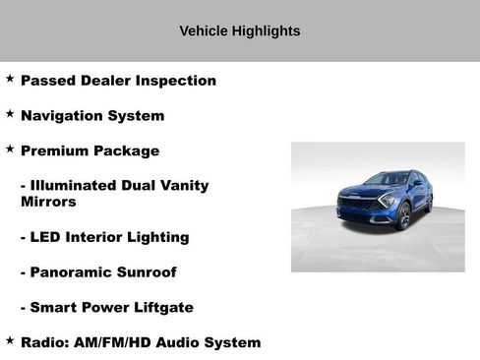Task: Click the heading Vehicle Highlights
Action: pos(239,30)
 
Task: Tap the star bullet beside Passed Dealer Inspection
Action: pos(10,78)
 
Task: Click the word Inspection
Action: pos(178,81)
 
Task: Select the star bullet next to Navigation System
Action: pos(10,113)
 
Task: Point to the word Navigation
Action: pos(60,116)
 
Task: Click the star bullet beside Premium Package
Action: pos(10,149)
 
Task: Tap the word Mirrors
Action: pos(48,202)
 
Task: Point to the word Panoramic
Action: pos(71,271)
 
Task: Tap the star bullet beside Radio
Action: pos(10,339)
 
